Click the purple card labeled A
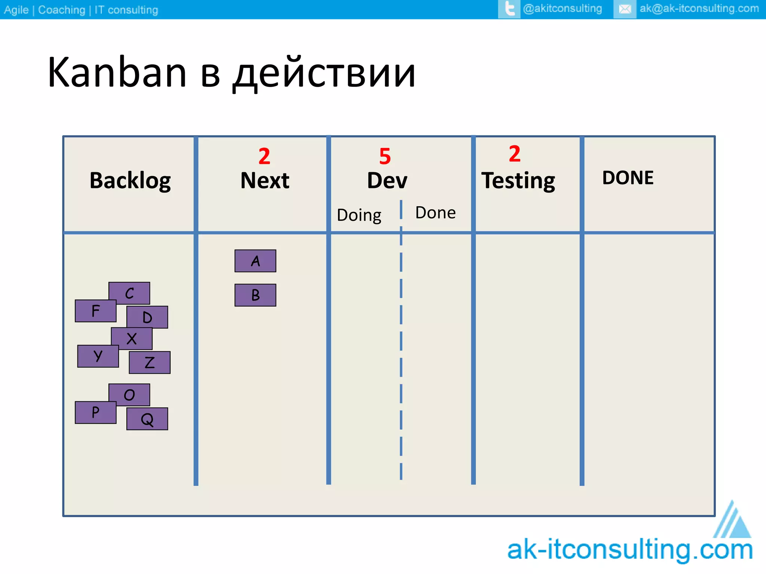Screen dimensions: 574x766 tap(255, 261)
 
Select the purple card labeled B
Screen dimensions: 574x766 tap(255, 295)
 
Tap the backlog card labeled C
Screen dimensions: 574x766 tap(129, 293)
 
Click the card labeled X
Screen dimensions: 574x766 tap(132, 339)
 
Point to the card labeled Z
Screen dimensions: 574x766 tap(150, 362)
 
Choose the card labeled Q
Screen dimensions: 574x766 tap(147, 419)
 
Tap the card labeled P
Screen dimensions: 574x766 tap(95, 413)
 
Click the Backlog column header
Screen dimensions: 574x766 tap(130, 180)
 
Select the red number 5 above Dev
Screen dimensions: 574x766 tap(385, 156)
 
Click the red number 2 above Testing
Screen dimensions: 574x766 tap(514, 154)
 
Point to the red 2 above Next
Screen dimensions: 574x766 tap(264, 156)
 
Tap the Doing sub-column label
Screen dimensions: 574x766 tap(359, 215)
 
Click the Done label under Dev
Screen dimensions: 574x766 tap(435, 213)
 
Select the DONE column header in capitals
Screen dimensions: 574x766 tap(628, 178)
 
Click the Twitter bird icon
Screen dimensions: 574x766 tap(509, 9)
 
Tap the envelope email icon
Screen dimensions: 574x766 tap(625, 9)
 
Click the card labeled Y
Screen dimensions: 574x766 tap(98, 356)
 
